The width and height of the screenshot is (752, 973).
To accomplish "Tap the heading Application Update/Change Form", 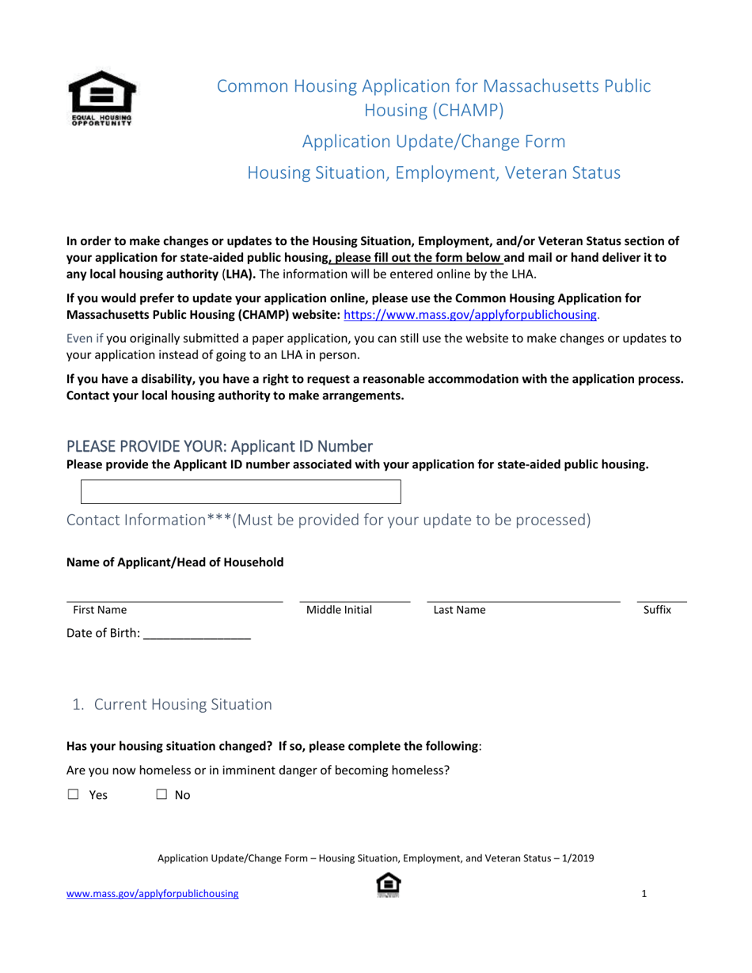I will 434,142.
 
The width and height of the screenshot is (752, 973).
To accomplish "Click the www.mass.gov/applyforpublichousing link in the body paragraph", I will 470,314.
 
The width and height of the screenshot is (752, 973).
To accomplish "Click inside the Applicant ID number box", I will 241,491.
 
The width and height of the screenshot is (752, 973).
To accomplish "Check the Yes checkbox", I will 74,795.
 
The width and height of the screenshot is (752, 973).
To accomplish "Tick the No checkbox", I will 161,795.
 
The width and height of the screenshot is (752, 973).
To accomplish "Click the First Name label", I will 100,610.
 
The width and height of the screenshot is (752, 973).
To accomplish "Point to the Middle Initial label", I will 339,610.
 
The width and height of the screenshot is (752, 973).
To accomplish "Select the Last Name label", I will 459,610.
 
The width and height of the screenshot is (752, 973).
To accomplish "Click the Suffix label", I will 657,610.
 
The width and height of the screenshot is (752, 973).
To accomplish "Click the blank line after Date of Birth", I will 197,633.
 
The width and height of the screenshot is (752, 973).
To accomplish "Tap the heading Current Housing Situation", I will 183,704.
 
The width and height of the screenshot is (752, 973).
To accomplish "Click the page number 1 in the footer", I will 644,894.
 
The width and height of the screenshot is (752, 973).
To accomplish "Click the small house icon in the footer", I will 388,884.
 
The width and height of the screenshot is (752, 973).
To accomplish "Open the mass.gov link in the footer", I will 152,894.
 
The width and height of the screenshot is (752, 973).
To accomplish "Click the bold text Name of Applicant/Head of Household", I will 175,562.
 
